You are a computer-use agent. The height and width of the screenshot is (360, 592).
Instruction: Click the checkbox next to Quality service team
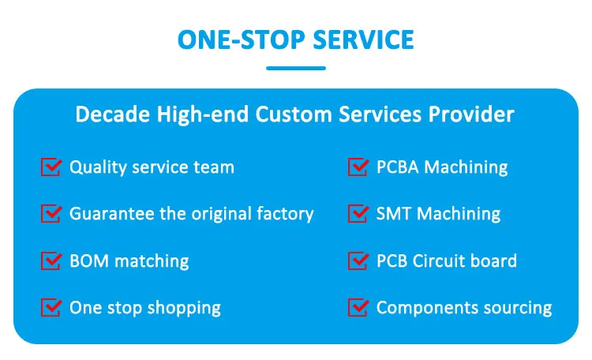(x=51, y=167)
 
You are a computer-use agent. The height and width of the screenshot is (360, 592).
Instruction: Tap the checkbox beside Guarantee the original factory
(x=51, y=213)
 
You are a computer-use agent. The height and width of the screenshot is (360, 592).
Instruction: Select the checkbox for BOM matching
(x=51, y=261)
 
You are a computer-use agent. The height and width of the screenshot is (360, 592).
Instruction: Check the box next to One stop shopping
(x=51, y=307)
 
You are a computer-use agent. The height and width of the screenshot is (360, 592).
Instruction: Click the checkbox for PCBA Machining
(x=358, y=167)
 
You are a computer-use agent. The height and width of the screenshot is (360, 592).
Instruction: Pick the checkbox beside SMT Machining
(x=358, y=213)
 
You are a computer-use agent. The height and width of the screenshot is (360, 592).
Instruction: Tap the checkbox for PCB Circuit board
(x=358, y=261)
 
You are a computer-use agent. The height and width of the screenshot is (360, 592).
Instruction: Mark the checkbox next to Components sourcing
(x=358, y=307)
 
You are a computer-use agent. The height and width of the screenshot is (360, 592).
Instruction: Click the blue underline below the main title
(x=296, y=69)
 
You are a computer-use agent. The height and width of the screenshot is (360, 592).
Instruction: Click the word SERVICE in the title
(x=364, y=40)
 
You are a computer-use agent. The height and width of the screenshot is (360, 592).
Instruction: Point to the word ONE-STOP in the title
(x=242, y=40)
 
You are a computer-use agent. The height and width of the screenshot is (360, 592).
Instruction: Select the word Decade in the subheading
(x=113, y=114)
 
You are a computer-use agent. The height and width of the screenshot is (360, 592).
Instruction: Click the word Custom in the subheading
(x=294, y=114)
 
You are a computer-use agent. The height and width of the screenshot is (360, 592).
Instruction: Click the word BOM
(x=89, y=261)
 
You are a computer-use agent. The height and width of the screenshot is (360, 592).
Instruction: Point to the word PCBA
(x=398, y=167)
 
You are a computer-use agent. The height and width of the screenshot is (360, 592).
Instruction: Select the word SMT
(x=392, y=214)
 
